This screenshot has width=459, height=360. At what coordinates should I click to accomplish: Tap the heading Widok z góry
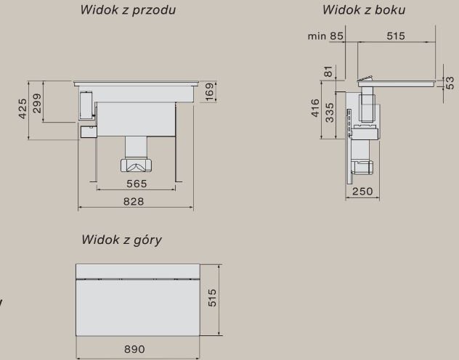pos(121,240)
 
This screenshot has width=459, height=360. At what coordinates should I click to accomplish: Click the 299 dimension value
pos(36,107)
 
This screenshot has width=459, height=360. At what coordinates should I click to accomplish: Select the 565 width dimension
pos(137,184)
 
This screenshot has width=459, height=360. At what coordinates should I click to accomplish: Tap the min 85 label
pos(326,36)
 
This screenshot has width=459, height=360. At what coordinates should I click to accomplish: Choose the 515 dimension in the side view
pos(396,36)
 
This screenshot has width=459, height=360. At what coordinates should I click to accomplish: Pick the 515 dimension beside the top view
pos(213,298)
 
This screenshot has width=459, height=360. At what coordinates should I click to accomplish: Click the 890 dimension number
pos(137,349)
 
